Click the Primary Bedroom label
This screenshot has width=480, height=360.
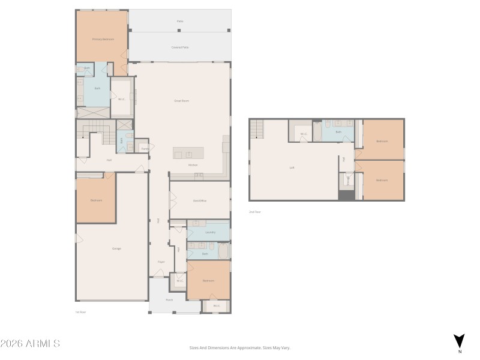[x=103, y=39]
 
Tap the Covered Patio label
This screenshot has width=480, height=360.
[x=181, y=47]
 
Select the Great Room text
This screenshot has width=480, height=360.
[x=181, y=101]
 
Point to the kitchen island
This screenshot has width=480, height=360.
[x=188, y=152]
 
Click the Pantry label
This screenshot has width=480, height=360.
[x=145, y=148]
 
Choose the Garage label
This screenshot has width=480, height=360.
[x=116, y=248]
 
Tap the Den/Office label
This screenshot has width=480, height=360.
[x=200, y=200]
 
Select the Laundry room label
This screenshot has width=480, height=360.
[x=210, y=232]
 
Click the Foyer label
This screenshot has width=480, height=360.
[x=161, y=262]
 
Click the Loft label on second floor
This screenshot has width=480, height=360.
[x=292, y=167]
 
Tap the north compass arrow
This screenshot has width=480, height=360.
[x=459, y=341]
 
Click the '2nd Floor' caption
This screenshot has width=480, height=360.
[x=256, y=212]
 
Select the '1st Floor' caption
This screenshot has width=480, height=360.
[x=80, y=312]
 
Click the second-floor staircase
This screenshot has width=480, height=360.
[x=257, y=128]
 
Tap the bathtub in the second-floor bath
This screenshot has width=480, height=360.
[x=317, y=131]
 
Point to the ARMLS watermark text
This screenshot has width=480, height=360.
[x=30, y=344]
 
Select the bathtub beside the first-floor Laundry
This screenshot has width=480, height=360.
[x=224, y=250]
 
